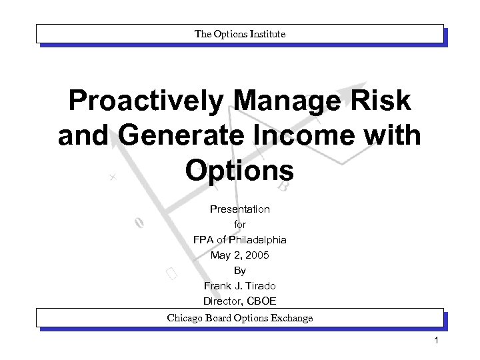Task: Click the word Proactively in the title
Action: (146, 101)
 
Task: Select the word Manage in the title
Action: (291, 101)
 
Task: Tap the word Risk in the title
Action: (383, 101)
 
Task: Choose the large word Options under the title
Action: (240, 171)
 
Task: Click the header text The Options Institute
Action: (240, 33)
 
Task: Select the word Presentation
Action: (240, 209)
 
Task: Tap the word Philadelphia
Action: (257, 240)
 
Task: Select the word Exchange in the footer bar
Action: (290, 318)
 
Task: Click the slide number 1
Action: (435, 342)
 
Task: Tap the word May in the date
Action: (219, 255)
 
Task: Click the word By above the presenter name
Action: (240, 271)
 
